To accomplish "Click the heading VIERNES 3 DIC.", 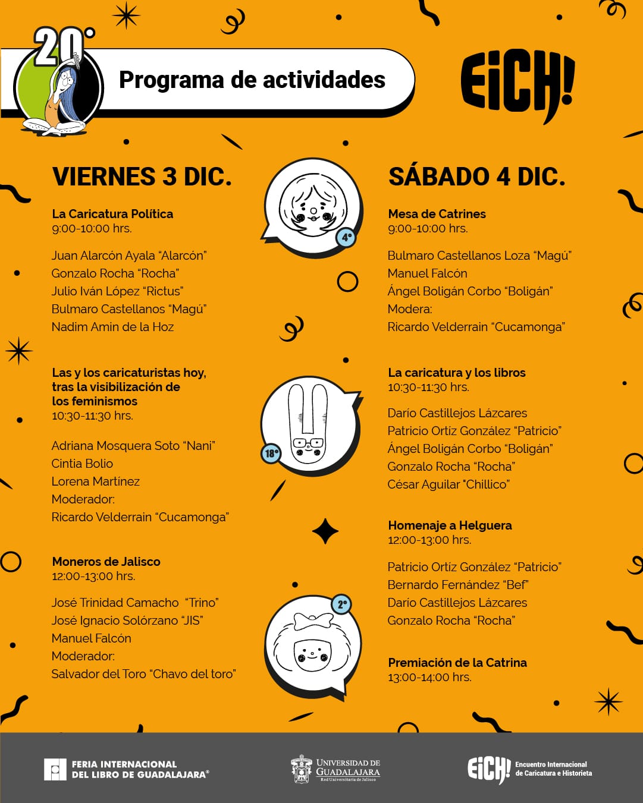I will tap(142, 177).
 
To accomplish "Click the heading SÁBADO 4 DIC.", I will tap(476, 177).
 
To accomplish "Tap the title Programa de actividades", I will tap(252, 80).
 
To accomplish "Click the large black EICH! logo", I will tap(517, 84).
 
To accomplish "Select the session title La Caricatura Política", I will tap(112, 214).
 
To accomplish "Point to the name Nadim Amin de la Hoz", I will tap(112, 327).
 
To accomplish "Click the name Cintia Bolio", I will tap(82, 464).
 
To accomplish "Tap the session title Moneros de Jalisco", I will tap(106, 562).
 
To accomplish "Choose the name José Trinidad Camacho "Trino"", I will tap(135, 603).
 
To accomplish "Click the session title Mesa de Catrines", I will tap(437, 214).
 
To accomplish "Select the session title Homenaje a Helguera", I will tap(450, 525).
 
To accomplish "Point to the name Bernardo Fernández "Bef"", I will tap(457, 585).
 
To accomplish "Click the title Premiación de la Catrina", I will tap(457, 663).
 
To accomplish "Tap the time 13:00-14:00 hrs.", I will tap(429, 677).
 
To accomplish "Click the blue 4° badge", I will tap(346, 237).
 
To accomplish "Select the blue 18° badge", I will tap(271, 454).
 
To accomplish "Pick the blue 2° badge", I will tap(342, 605).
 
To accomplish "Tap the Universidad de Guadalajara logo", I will tap(336, 769).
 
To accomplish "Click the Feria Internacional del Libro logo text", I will tap(139, 769).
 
